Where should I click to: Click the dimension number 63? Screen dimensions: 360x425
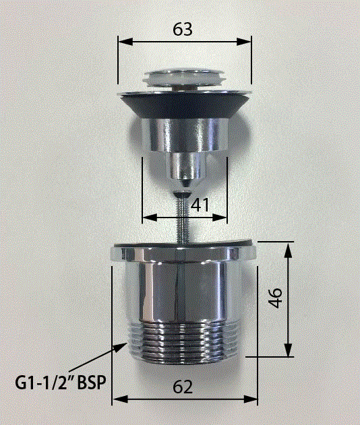183,29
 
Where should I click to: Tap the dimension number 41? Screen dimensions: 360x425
200,205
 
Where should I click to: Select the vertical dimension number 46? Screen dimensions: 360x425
276,298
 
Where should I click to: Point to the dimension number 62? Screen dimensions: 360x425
183,387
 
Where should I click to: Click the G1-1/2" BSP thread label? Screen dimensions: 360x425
60,383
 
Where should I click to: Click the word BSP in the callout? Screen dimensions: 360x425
92,383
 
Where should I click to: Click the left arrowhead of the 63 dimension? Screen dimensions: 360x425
125,42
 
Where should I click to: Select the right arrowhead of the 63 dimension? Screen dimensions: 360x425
244,42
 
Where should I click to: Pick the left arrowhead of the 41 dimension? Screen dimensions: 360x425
150,218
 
